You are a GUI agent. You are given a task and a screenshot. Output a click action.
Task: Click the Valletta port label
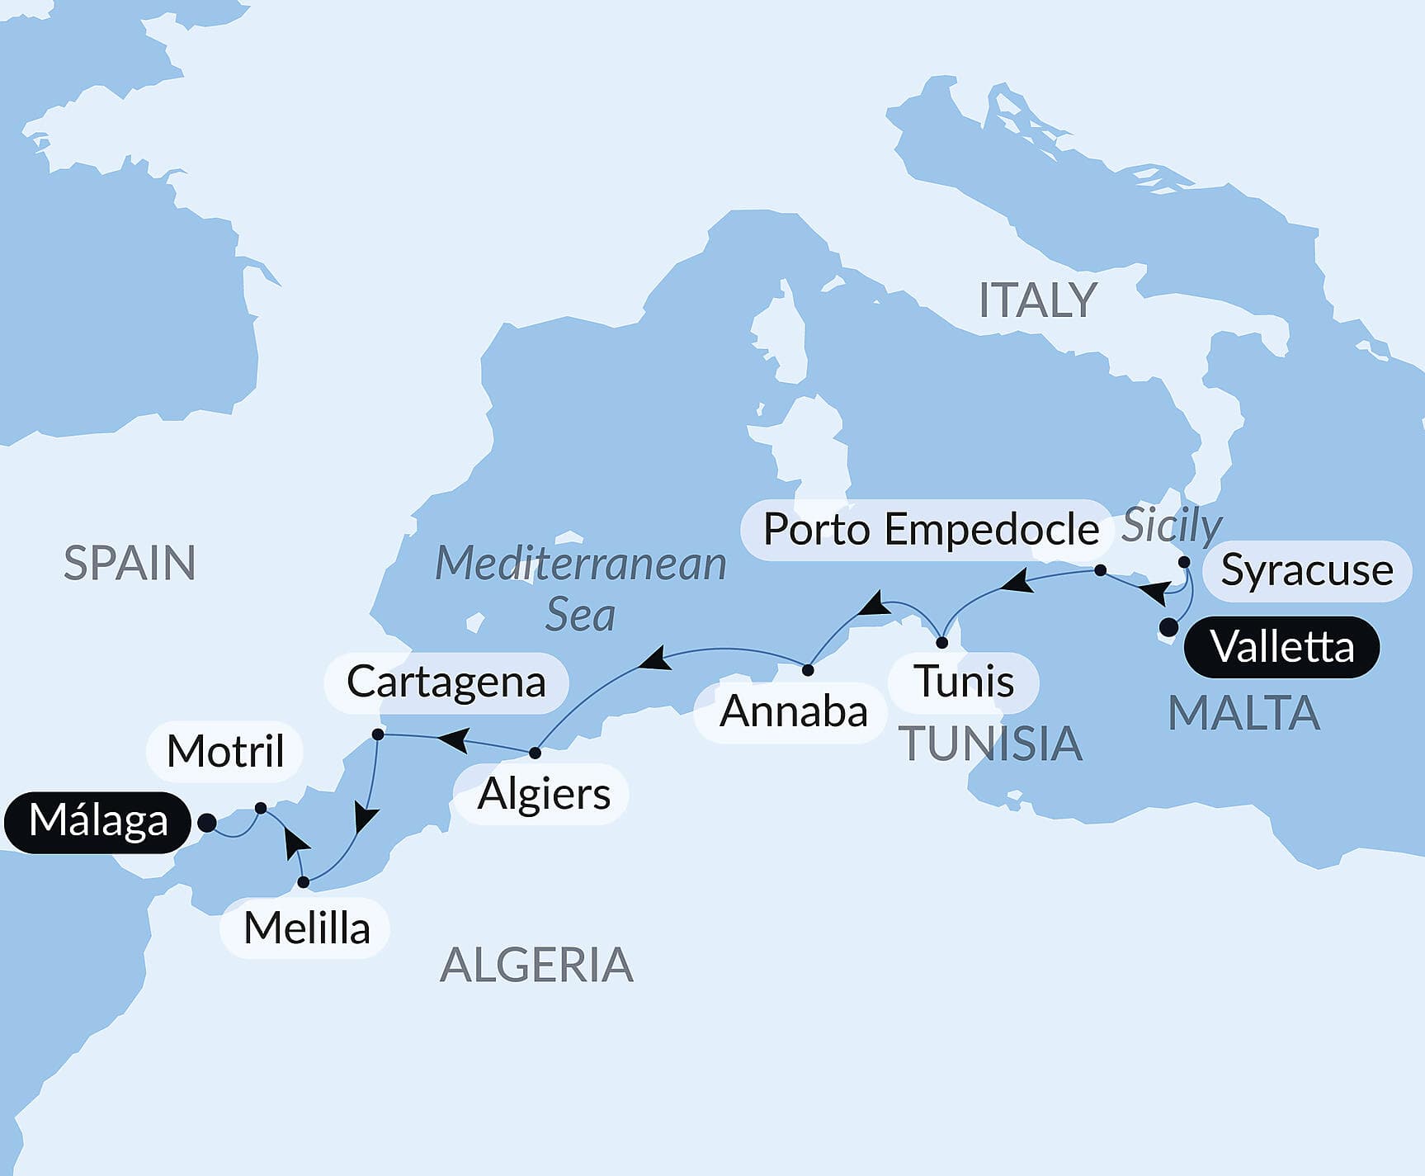[x=1281, y=647]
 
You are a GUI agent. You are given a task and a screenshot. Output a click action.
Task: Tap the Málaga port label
[x=98, y=822]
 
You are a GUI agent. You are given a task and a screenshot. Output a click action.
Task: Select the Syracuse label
[x=1307, y=570]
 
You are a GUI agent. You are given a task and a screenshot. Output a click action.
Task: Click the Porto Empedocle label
[x=930, y=530]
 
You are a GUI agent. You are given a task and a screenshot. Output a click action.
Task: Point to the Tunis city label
[x=964, y=682]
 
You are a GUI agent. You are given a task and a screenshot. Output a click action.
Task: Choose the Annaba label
[x=793, y=712]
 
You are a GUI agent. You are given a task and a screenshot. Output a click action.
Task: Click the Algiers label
[x=544, y=795]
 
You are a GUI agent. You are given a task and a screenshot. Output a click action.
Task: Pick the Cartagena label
[x=446, y=682]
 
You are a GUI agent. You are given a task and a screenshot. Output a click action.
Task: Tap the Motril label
[x=225, y=752]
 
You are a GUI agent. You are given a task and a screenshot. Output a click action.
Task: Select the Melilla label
[x=306, y=928]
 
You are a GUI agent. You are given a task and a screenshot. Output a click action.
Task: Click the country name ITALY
[x=1037, y=300]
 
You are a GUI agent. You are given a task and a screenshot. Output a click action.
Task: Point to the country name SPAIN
[x=130, y=564]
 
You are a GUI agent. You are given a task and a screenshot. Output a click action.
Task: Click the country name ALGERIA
[x=536, y=965]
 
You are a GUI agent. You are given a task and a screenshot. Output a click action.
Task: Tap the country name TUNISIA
[x=989, y=744]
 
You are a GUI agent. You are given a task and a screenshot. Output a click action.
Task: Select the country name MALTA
[x=1243, y=713]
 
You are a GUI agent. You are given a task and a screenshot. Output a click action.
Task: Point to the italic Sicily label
[x=1172, y=526]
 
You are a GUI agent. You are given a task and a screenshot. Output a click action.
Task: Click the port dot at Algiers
[x=535, y=753]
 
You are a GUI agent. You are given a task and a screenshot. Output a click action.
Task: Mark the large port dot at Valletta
[x=1168, y=627]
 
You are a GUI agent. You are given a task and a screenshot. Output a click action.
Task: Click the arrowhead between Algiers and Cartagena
[x=454, y=739]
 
